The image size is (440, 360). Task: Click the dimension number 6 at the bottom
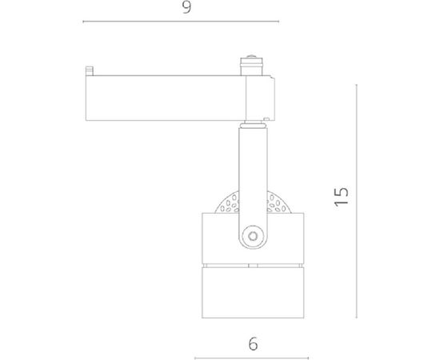click(x=253, y=346)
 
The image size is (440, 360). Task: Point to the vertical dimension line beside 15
click(x=356, y=196)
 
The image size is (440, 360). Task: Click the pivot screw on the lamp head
click(x=254, y=237)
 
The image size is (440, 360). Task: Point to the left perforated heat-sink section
click(x=226, y=202)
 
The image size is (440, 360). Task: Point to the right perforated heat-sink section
click(x=281, y=202)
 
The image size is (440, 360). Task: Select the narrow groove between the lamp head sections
click(x=253, y=263)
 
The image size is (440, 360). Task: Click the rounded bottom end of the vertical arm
click(x=254, y=244)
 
